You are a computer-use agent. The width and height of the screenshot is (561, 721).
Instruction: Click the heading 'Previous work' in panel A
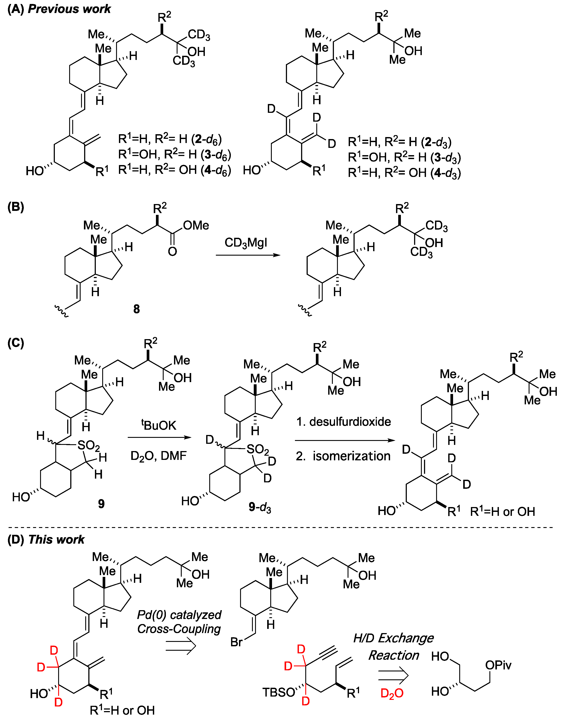point(69,9)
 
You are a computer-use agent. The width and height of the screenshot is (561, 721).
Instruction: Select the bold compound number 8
point(136,309)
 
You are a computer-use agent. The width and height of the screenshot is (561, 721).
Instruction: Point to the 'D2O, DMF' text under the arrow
point(158,456)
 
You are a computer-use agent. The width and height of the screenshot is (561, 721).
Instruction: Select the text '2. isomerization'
point(343,456)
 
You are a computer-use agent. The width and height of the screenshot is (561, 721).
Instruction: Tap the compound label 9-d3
point(260,507)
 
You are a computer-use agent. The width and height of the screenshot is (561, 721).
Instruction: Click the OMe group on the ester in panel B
point(196,225)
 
